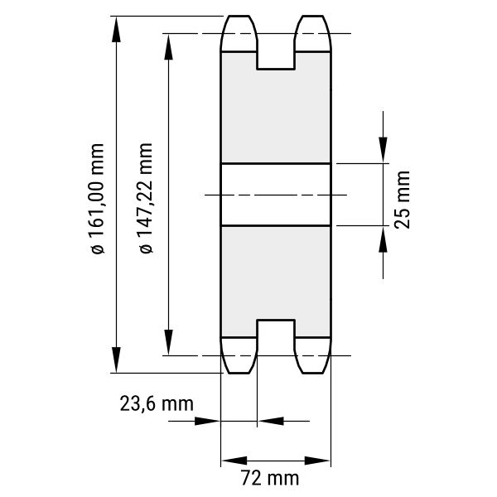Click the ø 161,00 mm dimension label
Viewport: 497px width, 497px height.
[x=97, y=199]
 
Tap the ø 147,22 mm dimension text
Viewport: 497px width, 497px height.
[x=146, y=198]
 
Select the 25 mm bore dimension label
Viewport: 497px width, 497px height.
[x=403, y=200]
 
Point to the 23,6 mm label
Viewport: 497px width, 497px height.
[x=157, y=404]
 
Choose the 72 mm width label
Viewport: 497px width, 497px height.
[x=270, y=478]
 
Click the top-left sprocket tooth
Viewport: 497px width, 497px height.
[x=239, y=33]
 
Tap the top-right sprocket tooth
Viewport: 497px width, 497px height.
[x=312, y=33]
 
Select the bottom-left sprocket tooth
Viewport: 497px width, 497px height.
[x=239, y=355]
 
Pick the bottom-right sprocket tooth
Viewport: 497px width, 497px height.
[x=312, y=355]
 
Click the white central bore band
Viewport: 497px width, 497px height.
[x=276, y=195]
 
